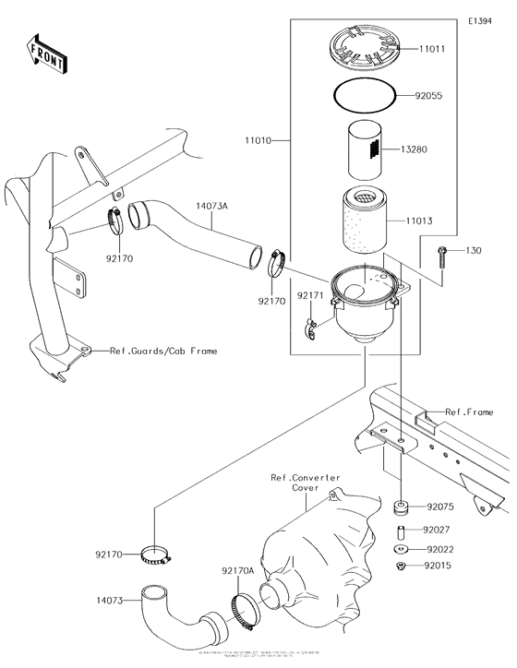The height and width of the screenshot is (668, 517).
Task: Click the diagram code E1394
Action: click(480, 20)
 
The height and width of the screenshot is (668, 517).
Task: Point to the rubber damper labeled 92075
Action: click(403, 507)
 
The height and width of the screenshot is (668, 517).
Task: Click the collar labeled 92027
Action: click(403, 532)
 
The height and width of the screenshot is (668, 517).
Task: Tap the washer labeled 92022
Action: click(403, 549)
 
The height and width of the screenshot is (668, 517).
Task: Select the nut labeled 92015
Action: click(403, 565)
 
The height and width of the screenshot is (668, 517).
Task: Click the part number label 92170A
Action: click(237, 571)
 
